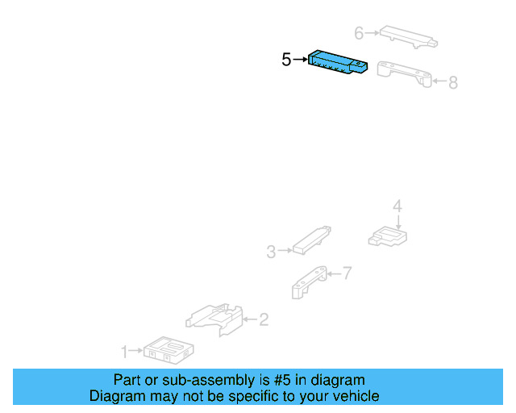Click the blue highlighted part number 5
point(338,62)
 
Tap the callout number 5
point(286,60)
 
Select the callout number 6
point(359,33)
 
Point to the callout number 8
point(453,82)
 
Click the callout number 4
point(397,206)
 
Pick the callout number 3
point(271,252)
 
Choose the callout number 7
point(347,273)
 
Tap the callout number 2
point(264,319)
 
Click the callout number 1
point(124,352)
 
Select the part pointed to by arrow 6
point(409,37)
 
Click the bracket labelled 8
point(405,73)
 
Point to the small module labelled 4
point(388,236)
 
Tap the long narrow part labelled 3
point(312,240)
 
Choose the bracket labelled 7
point(309,282)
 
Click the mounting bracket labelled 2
point(214,319)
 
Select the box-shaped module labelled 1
point(169,350)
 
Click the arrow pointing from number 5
point(300,60)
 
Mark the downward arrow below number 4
point(398,222)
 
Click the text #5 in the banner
point(282,380)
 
